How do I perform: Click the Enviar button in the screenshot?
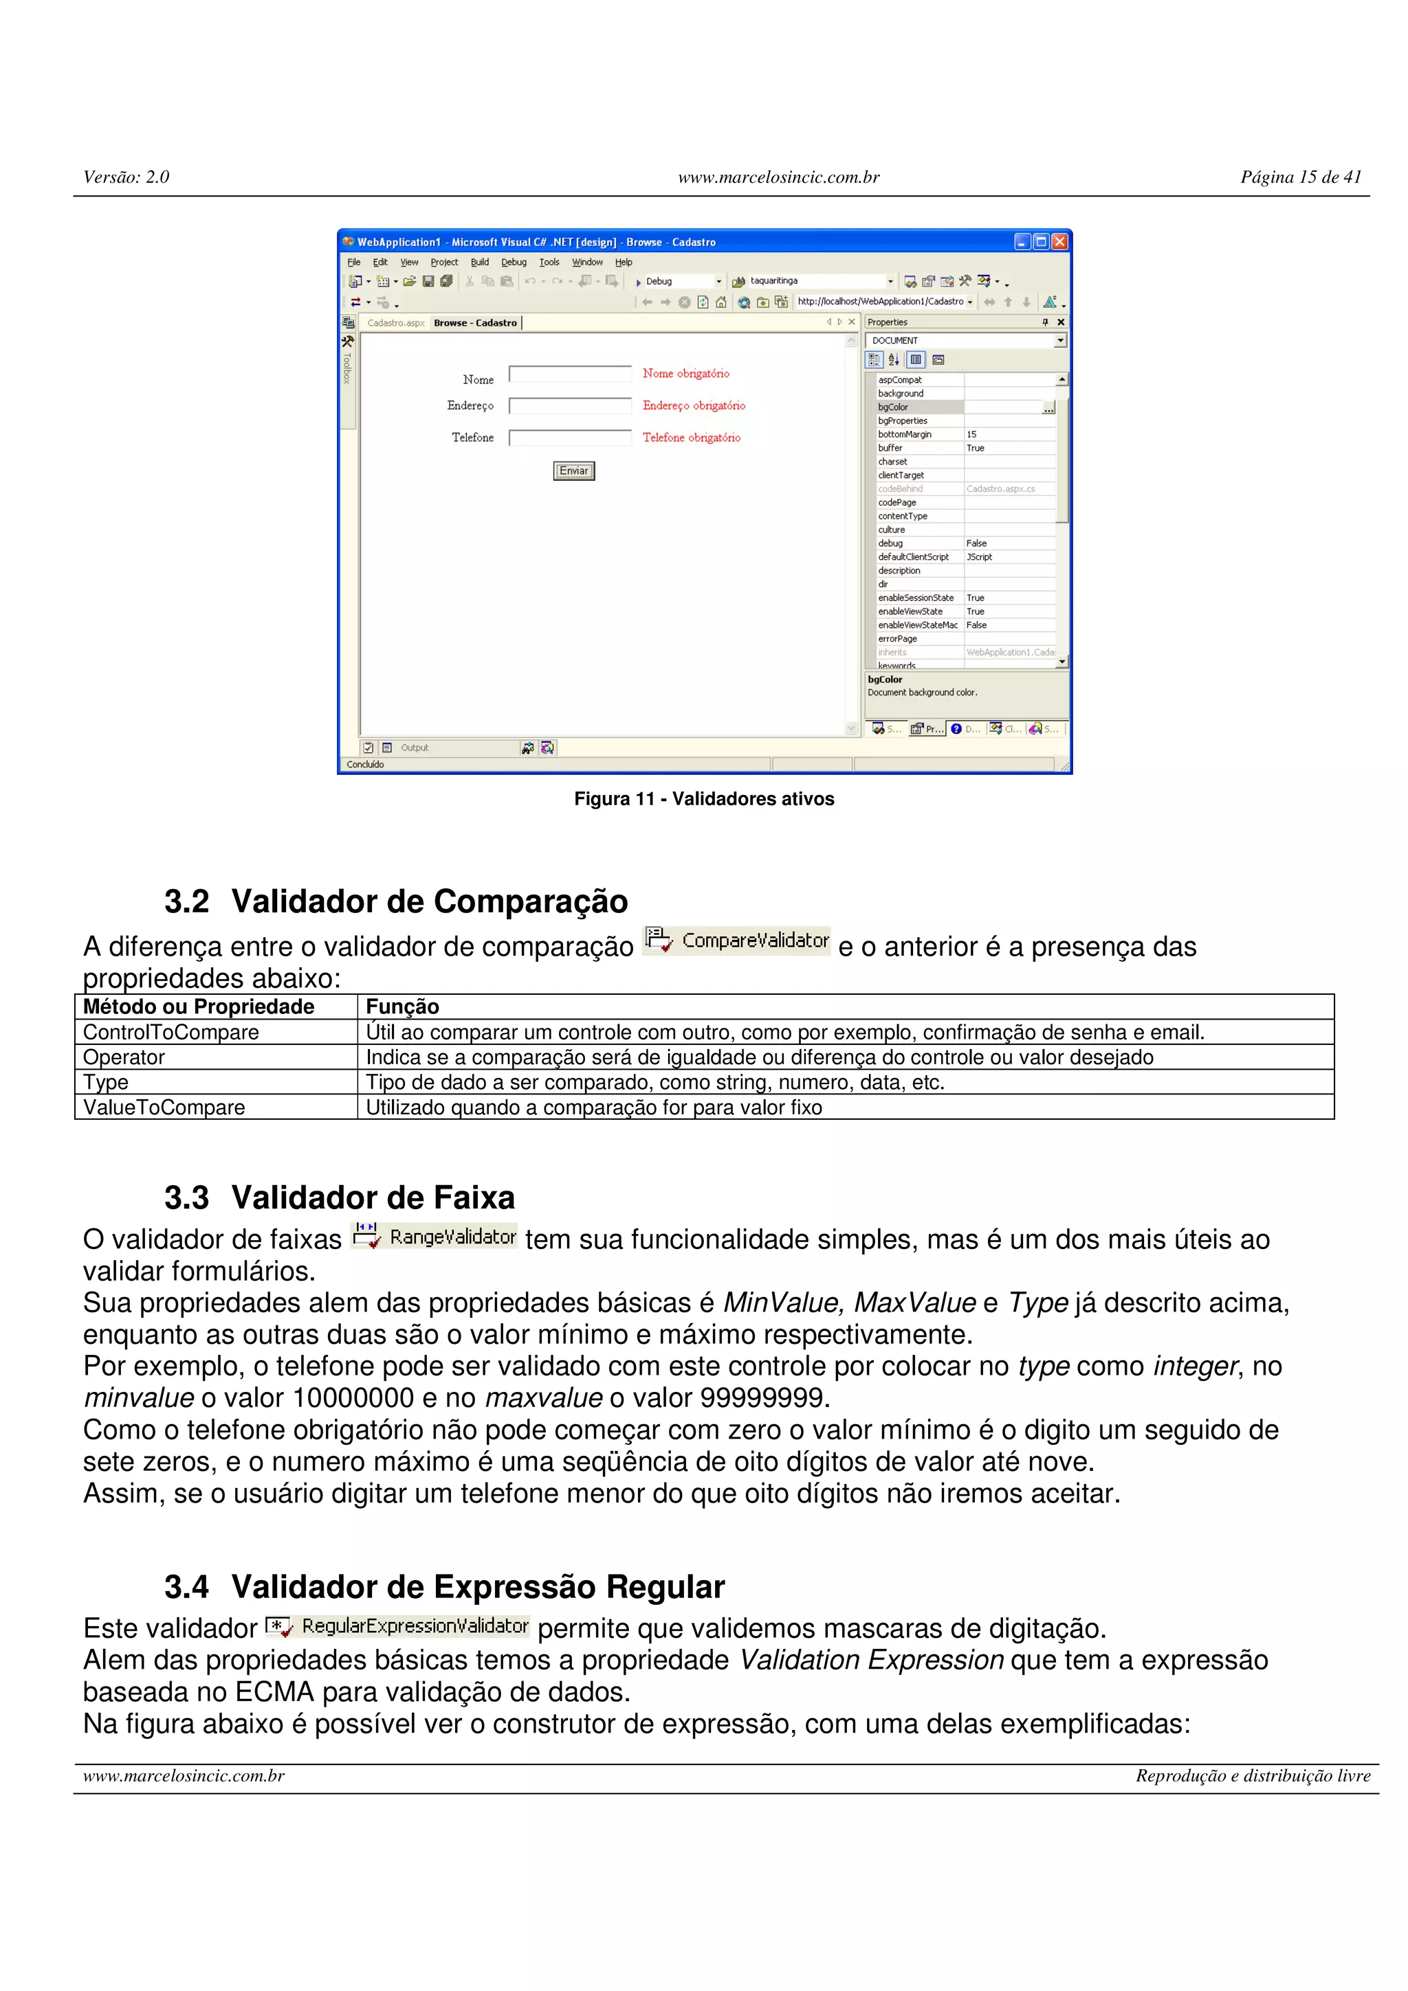[x=573, y=471]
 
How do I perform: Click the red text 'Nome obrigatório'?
[x=685, y=374]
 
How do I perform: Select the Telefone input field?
[x=570, y=438]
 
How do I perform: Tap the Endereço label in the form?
[x=470, y=406]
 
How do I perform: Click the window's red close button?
[x=1059, y=242]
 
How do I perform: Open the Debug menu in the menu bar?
[x=514, y=262]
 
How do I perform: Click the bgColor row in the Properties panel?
[x=920, y=407]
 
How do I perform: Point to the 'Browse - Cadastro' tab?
[x=475, y=323]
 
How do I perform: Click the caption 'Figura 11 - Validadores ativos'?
[x=703, y=798]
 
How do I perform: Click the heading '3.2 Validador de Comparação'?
[x=395, y=901]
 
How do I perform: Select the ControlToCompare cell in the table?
[x=171, y=1032]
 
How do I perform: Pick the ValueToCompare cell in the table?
[x=164, y=1107]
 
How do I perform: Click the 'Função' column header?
[x=403, y=1006]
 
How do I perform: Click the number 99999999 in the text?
[x=761, y=1398]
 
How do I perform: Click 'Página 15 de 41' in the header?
[x=1301, y=177]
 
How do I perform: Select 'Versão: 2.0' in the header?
[x=126, y=177]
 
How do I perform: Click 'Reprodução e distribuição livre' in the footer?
[x=1253, y=1776]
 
